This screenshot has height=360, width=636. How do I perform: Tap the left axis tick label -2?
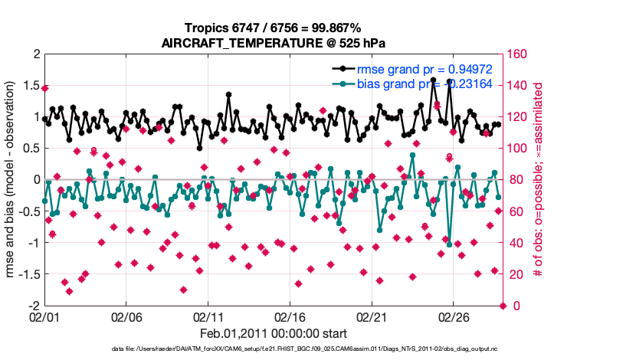pyautogui.click(x=32, y=306)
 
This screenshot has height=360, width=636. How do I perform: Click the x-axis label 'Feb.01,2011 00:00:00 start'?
pyautogui.click(x=274, y=334)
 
